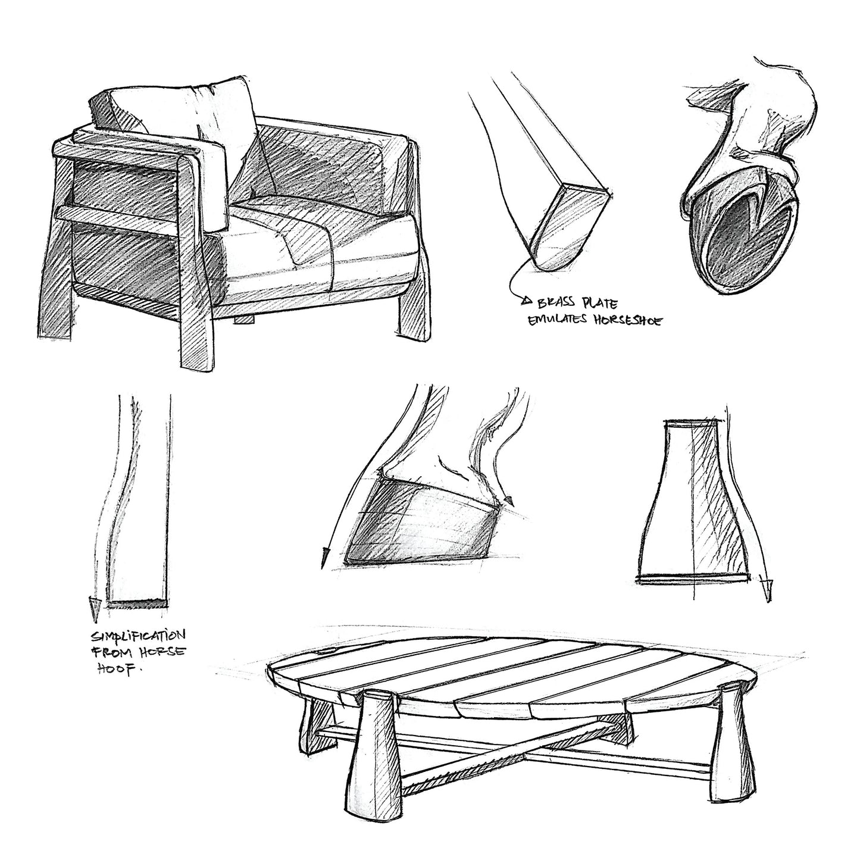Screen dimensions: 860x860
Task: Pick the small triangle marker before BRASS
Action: [527, 301]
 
